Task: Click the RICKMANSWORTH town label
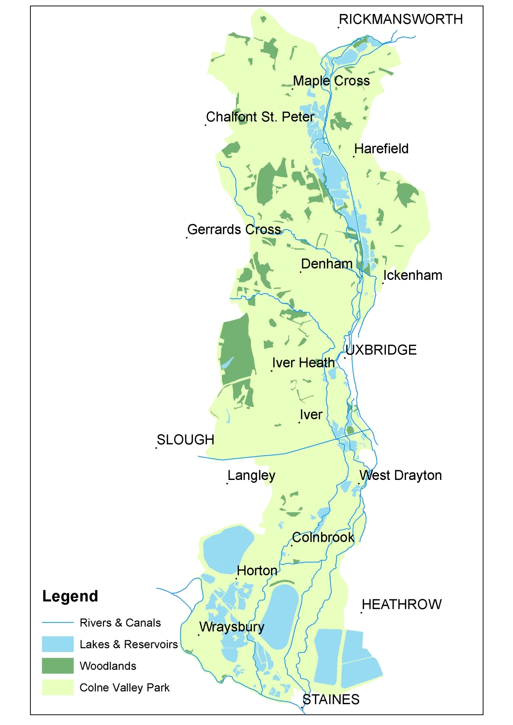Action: pos(400,19)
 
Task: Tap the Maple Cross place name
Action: pos(331,81)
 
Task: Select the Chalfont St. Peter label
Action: pos(260,117)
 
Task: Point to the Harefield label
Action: pos(381,149)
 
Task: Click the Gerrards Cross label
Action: pos(234,230)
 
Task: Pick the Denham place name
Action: pos(326,264)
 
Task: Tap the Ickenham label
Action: pos(412,275)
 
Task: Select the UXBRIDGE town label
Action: pos(381,350)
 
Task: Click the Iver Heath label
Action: pos(303,363)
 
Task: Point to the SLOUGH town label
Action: pos(185,440)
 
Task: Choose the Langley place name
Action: pos(251,476)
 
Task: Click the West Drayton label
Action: pos(400,476)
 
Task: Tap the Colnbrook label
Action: pos(323,537)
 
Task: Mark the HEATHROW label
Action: pos(401,605)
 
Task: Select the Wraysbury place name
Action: pos(232,627)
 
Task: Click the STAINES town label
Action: pos(331,700)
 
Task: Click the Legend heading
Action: pos(70,596)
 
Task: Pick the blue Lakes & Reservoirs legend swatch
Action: pos(58,644)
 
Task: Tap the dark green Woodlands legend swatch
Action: pos(58,666)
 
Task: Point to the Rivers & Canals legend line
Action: pos(58,623)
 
